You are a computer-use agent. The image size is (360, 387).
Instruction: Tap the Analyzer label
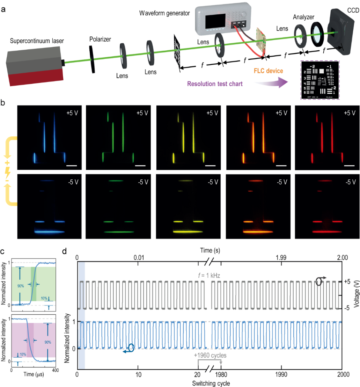tap(303, 16)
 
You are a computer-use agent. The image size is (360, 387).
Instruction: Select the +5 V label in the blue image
tap(73, 113)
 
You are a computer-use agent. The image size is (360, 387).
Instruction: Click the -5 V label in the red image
tap(351, 181)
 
